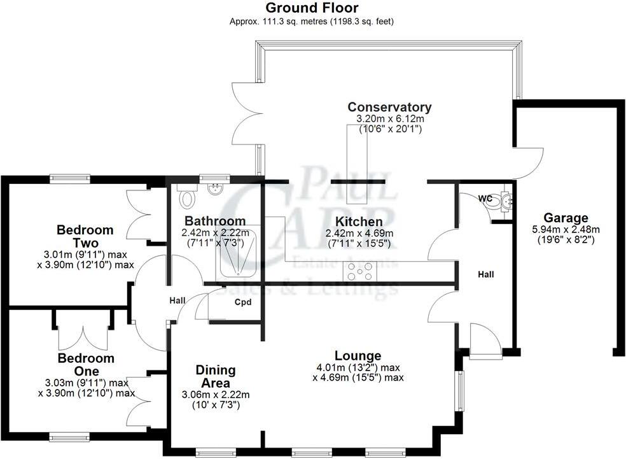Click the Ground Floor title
pos(312,8)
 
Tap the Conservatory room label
pos(389,107)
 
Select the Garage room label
pos(566,218)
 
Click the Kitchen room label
pos(359,222)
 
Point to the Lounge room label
pos(358,355)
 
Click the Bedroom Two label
pos(85,236)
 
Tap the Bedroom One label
pos(86,364)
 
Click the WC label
pos(485,199)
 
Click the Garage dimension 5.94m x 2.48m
pos(566,230)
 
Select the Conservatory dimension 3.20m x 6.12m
pos(389,119)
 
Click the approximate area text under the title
pos(312,21)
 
